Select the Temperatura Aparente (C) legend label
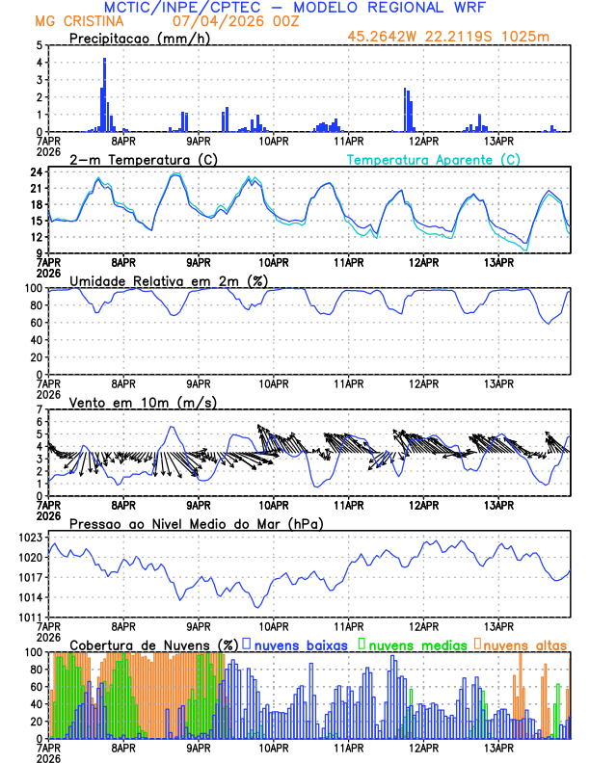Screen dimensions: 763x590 (434, 159)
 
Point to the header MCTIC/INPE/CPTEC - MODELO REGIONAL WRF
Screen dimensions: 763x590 (300, 8)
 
